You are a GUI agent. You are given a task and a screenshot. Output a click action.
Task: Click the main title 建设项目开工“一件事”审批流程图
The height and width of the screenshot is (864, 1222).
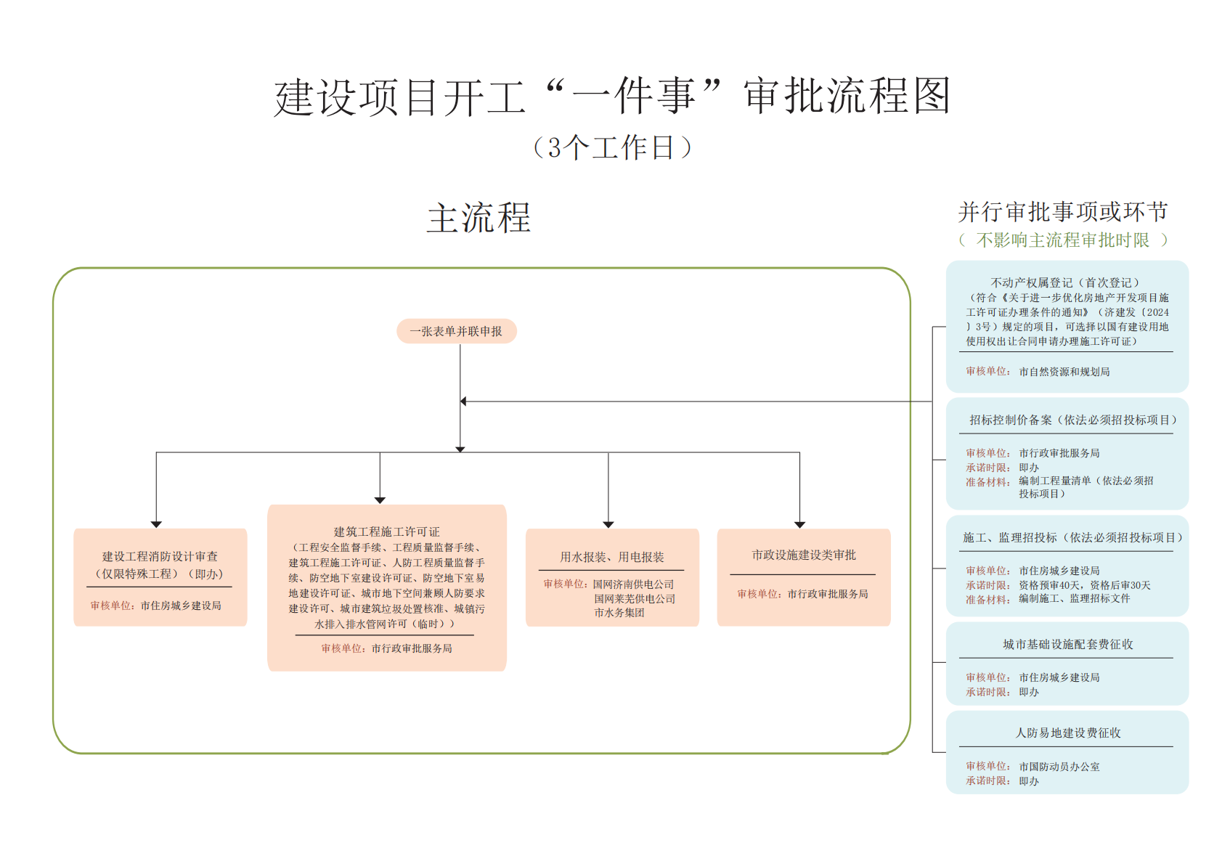coord(611,97)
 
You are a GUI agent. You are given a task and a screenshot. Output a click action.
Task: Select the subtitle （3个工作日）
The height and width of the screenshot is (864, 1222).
coord(611,147)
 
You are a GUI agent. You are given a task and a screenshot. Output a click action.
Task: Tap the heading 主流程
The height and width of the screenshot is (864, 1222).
coord(478,218)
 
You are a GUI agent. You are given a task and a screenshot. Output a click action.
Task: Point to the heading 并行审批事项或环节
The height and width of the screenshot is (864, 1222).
coord(1062,212)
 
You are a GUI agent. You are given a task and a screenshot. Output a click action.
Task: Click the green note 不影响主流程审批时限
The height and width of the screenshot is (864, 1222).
coord(1062,240)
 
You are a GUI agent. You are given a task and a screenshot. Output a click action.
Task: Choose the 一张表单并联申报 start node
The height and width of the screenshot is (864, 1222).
coord(456,331)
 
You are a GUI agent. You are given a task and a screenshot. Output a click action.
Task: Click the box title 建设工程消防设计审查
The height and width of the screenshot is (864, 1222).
coord(160,556)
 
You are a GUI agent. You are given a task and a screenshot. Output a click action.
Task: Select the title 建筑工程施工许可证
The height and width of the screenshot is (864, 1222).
coord(386,531)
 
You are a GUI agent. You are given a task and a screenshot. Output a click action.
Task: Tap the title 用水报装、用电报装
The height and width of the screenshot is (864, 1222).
coord(611,557)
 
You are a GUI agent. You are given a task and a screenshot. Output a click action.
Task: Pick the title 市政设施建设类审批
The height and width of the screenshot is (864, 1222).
coord(803,555)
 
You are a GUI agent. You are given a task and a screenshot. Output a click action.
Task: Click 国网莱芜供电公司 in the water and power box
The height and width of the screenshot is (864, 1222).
coord(635,599)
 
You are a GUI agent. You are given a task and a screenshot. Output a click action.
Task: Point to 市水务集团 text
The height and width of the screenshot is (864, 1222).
coord(619,613)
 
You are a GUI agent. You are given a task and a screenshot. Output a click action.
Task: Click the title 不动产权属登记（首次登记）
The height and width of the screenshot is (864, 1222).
coord(1065,282)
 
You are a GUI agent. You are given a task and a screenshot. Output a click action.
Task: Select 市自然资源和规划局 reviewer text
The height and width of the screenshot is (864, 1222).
coord(1064,372)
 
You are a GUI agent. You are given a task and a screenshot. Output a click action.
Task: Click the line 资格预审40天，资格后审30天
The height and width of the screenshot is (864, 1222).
coord(1084,585)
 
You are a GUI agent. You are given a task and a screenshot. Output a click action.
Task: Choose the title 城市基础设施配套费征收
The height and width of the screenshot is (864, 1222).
coord(1067,644)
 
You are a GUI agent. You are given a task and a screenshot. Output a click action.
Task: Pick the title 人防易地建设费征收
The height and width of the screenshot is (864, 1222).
coord(1067,733)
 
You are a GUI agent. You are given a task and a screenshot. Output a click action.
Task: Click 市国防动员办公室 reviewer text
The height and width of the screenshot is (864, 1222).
coord(1059,767)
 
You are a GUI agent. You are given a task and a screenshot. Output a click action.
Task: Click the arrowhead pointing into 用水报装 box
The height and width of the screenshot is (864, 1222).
coord(608,524)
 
